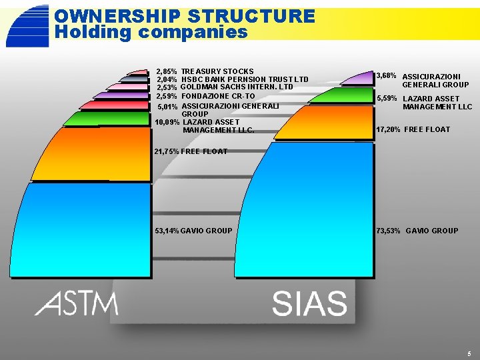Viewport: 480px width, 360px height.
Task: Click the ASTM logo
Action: [77, 304]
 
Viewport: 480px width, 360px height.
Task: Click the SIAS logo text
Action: [309, 304]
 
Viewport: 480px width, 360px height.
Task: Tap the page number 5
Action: [469, 353]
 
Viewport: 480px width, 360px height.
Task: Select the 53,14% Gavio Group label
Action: [193, 231]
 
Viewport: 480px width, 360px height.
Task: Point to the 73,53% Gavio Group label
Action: [417, 231]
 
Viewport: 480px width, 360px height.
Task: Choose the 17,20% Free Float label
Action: [413, 129]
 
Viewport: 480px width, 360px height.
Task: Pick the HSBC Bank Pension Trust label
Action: [245, 79]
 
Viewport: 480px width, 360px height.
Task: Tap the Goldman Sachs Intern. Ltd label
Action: [237, 87]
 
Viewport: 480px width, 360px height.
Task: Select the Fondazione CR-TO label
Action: [218, 96]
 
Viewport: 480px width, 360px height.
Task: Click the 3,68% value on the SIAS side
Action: [387, 76]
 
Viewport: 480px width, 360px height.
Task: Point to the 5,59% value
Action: [387, 99]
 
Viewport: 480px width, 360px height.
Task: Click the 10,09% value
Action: [167, 122]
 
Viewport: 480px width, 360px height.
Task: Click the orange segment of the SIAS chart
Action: [327, 123]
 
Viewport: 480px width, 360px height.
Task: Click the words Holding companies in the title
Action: [151, 31]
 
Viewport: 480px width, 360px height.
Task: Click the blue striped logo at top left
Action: [27, 25]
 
